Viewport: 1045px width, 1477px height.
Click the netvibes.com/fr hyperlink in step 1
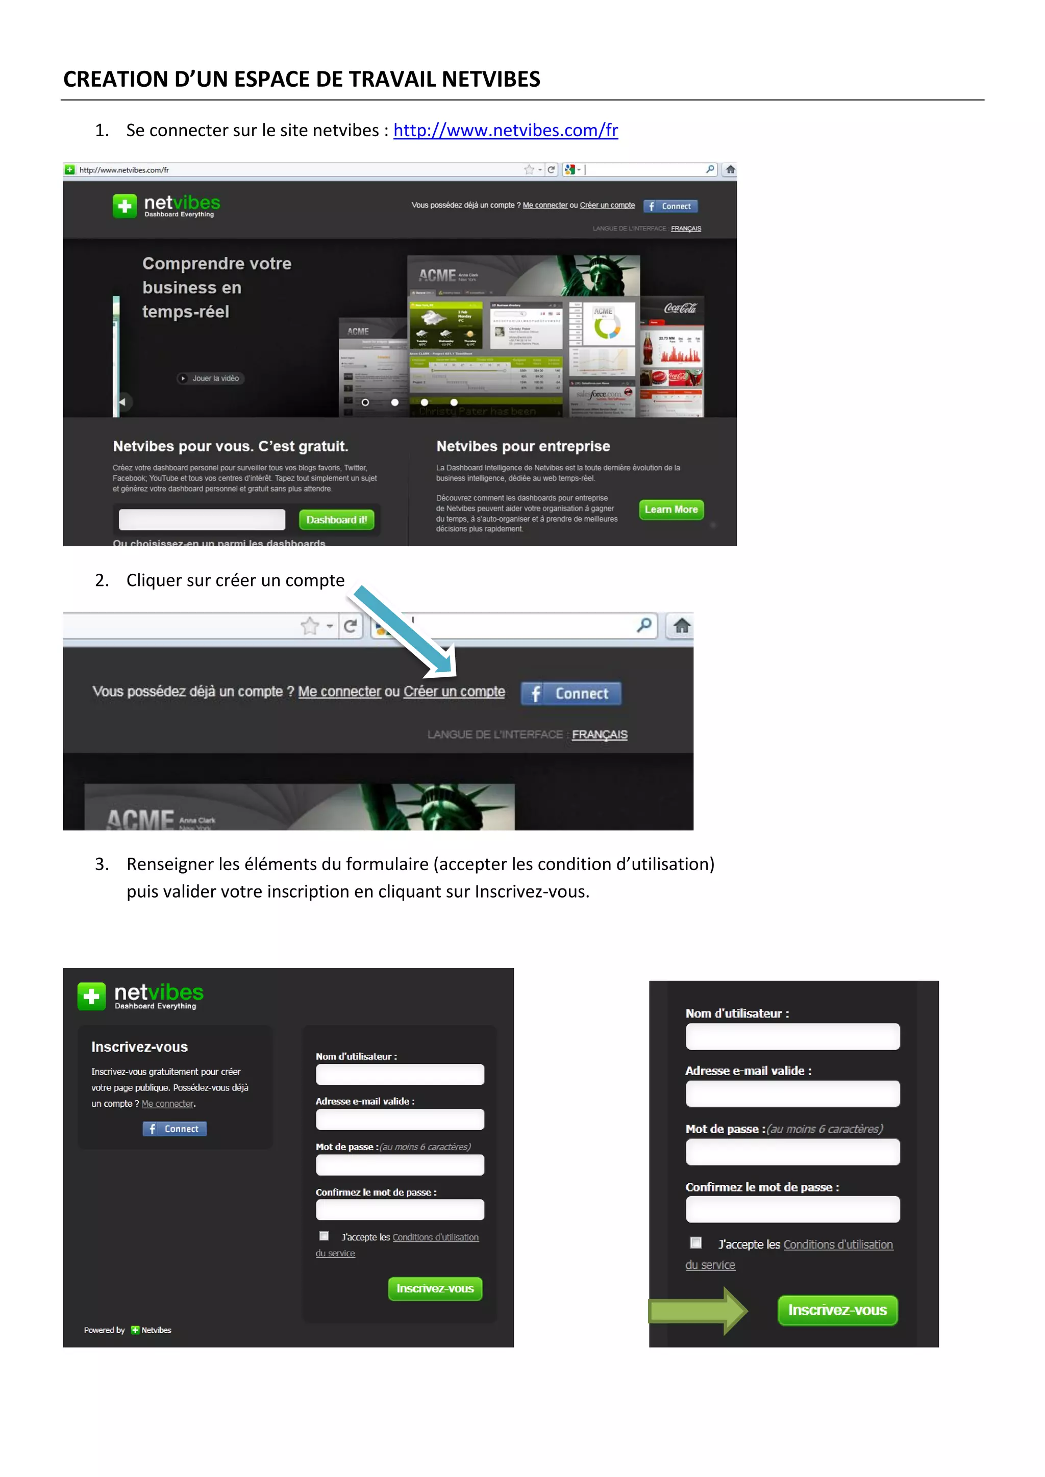coord(505,131)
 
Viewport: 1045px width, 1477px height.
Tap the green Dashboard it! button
coord(337,520)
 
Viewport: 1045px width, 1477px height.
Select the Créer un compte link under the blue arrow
coord(454,692)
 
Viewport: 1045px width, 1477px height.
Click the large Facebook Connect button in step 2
coord(571,694)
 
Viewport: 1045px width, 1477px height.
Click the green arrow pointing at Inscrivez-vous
coord(698,1310)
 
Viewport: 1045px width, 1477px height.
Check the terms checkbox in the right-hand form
coord(695,1242)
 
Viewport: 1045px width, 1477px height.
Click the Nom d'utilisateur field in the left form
coord(400,1074)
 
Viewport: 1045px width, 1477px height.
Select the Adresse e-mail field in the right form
coord(792,1093)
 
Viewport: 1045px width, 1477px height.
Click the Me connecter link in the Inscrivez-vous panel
coord(167,1104)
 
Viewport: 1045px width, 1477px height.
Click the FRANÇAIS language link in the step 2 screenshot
coord(599,734)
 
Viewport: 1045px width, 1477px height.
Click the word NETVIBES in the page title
coord(491,79)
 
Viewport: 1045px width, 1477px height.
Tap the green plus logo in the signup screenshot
coord(91,997)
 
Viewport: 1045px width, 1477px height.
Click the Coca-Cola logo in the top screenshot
coord(680,308)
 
